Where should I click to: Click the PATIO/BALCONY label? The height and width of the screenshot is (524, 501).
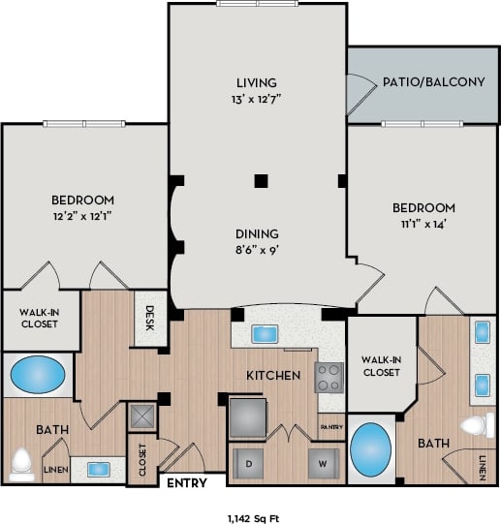click(433, 81)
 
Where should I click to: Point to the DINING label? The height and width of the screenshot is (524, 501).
click(257, 233)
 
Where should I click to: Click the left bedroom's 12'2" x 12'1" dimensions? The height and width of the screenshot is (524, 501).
click(83, 217)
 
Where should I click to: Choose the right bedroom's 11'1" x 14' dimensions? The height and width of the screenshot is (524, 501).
click(423, 225)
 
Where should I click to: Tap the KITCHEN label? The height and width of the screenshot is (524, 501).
click(272, 374)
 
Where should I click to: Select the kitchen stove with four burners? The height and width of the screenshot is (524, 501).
click(329, 376)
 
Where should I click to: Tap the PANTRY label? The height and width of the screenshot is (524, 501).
click(330, 424)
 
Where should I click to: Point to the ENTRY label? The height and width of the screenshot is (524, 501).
click(186, 481)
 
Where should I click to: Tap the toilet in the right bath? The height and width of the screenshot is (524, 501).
click(478, 425)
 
